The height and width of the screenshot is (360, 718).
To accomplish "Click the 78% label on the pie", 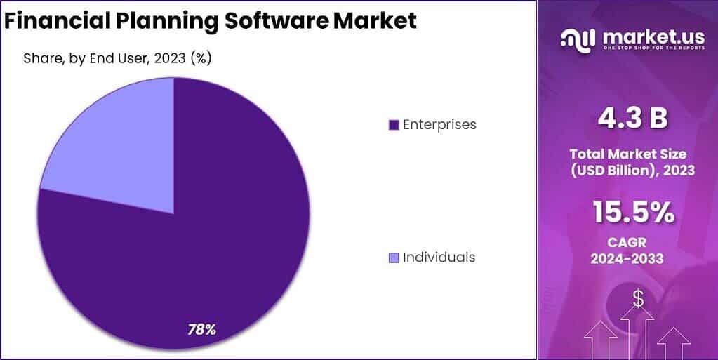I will point(201,328).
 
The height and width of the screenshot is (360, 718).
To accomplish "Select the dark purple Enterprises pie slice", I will point(211,232).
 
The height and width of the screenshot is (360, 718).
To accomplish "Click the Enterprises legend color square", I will point(394,125).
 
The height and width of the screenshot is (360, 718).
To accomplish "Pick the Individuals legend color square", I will point(394,258).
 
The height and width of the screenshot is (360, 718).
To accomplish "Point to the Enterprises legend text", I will point(439,124).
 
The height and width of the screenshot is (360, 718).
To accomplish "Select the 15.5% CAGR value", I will point(632,212).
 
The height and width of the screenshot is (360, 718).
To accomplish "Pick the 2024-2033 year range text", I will point(632,259).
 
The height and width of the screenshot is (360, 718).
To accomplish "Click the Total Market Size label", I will point(632,153).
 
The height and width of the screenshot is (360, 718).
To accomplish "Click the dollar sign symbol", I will point(638,298).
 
